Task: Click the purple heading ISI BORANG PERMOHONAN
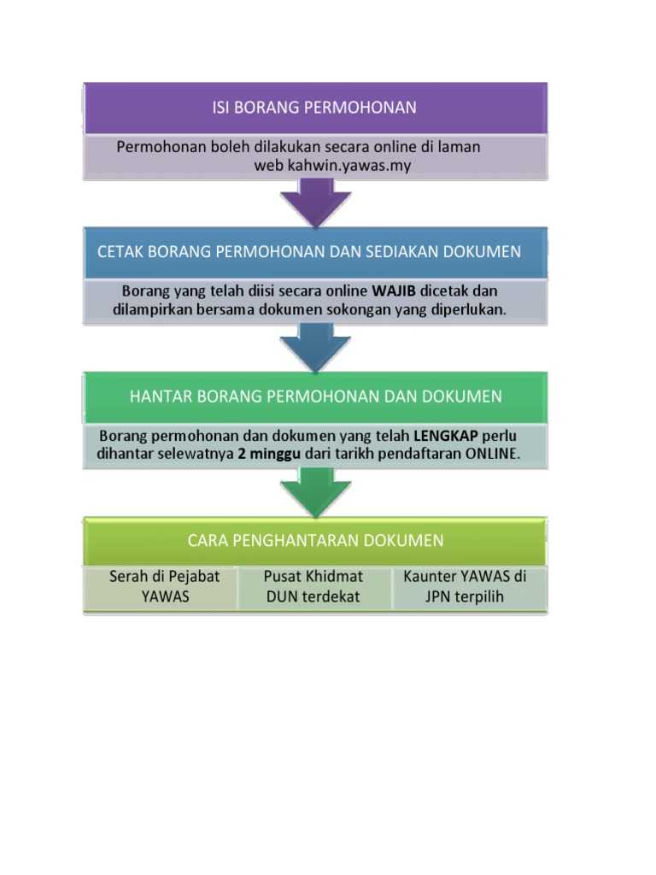(x=313, y=108)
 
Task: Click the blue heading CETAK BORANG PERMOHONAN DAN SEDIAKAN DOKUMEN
(x=309, y=252)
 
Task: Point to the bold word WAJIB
(x=393, y=291)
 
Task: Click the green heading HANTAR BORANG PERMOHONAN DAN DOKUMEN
(x=315, y=396)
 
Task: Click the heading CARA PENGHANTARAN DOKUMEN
(x=315, y=540)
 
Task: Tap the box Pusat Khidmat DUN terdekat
(x=313, y=587)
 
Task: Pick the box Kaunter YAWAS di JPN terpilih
(x=466, y=587)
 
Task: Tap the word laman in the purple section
(x=461, y=147)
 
